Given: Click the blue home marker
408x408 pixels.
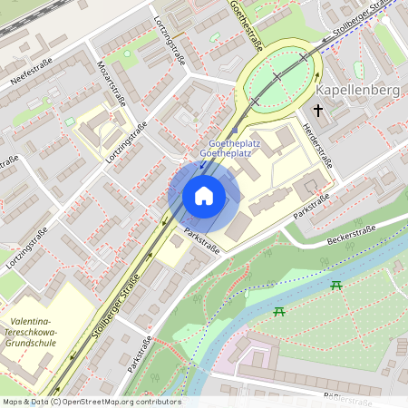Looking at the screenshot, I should coord(203,196).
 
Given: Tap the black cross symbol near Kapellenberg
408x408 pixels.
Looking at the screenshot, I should coord(317,110).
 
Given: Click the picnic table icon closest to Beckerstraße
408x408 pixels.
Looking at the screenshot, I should coord(337,286).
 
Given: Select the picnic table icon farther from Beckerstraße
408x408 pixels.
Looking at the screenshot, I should coord(279,312).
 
